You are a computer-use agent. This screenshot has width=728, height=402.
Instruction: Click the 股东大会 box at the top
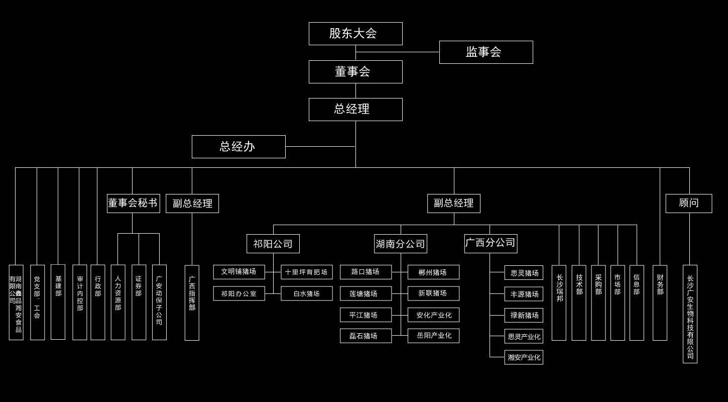click(x=355, y=34)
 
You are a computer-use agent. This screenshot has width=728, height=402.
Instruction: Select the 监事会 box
click(x=486, y=52)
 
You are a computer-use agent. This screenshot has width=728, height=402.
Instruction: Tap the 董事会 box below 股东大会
click(x=355, y=72)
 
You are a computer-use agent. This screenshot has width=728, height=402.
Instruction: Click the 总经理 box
click(x=355, y=110)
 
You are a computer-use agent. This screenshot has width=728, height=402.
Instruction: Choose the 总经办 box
click(x=238, y=147)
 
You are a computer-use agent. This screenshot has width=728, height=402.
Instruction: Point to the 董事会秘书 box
click(x=133, y=204)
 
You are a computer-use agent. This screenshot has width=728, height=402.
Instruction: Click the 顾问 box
click(x=688, y=204)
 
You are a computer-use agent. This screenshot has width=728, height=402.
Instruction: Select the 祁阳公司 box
click(x=273, y=244)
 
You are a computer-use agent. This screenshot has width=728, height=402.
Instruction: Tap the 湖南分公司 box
click(x=400, y=244)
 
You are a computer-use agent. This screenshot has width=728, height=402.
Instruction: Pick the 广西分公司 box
click(x=491, y=244)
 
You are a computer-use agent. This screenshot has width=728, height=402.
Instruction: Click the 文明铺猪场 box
click(x=238, y=272)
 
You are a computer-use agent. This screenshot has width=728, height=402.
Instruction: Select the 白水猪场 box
click(x=306, y=293)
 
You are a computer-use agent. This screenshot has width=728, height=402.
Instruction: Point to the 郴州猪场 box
click(x=433, y=272)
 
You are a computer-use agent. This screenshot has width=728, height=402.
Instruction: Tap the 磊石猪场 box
click(x=366, y=336)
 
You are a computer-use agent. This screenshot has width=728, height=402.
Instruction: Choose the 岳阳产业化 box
click(x=433, y=336)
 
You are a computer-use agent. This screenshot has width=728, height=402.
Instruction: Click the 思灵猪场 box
click(x=524, y=273)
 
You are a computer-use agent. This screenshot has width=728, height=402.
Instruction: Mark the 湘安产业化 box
click(x=524, y=357)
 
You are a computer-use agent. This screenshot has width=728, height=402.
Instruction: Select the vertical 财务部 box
click(x=660, y=303)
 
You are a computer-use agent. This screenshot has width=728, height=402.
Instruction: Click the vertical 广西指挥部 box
click(x=192, y=303)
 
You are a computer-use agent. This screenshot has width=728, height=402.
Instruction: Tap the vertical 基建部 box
click(x=58, y=301)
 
